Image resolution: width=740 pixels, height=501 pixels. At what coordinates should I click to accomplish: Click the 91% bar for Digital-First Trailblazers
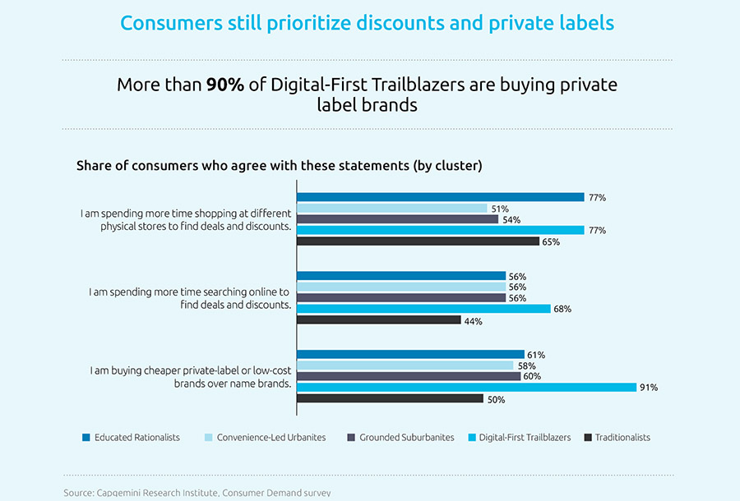(466, 387)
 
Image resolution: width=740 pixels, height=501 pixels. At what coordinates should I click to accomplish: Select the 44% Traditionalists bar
(378, 319)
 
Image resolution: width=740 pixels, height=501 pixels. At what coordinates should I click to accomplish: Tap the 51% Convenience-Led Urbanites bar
(391, 209)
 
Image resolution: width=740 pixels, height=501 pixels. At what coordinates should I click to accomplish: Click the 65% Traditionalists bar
(418, 241)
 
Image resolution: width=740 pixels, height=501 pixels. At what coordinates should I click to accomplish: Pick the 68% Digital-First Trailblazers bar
(423, 309)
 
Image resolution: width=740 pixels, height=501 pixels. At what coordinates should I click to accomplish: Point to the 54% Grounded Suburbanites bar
(397, 219)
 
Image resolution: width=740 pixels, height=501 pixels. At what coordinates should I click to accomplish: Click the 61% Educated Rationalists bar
(409, 355)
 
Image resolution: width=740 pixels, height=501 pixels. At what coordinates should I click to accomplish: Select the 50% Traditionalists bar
(390, 398)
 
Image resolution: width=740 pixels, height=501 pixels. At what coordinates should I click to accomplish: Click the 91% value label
(649, 388)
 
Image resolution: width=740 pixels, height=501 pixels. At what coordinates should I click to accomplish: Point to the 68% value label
(563, 310)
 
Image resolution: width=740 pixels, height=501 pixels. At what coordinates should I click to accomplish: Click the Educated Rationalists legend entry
(131, 438)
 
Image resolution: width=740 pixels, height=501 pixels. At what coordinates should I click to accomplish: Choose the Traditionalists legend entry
(616, 438)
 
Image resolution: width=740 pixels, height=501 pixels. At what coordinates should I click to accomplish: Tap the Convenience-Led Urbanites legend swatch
(208, 438)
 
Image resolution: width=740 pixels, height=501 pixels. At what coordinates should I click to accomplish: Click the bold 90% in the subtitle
(224, 85)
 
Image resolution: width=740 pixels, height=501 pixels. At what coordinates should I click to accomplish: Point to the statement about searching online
(189, 298)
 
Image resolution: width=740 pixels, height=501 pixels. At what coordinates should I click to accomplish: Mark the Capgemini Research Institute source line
(197, 493)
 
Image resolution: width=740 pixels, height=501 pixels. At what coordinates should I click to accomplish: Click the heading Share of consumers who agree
(279, 165)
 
